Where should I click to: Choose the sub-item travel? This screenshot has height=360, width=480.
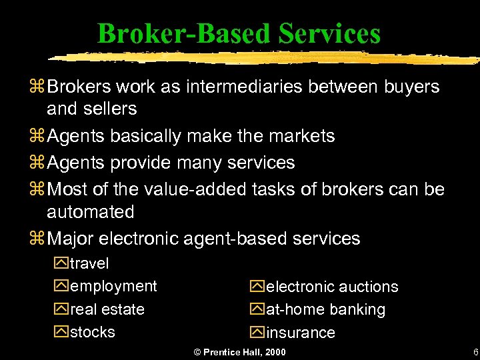89,264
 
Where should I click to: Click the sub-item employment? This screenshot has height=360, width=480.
113,287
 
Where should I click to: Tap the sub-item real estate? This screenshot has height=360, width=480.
107,309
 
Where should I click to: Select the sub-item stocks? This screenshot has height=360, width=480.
92,332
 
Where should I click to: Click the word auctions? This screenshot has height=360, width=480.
368,287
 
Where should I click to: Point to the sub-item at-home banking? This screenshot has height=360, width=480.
325,310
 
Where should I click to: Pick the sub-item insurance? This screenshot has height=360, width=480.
300,333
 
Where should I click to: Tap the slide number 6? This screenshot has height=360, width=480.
475,352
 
